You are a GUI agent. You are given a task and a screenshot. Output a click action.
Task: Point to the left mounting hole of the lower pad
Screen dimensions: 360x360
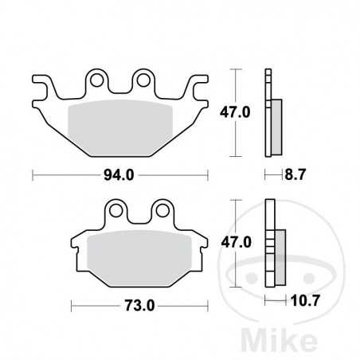[116, 210]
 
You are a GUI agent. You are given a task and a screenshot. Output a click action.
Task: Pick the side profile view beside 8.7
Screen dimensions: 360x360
[271, 115]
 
